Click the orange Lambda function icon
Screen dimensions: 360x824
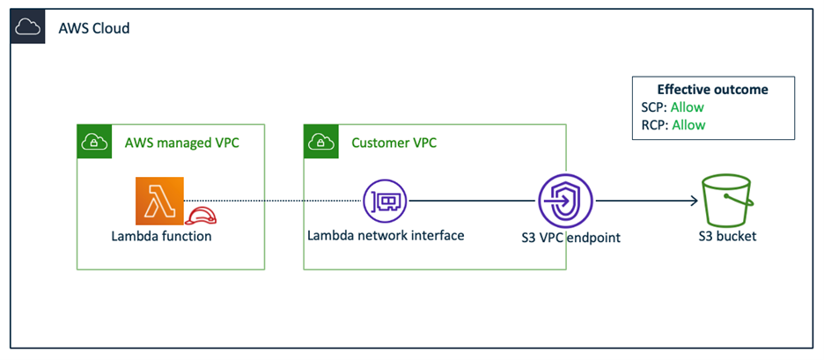click(159, 201)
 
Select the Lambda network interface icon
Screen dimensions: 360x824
click(385, 202)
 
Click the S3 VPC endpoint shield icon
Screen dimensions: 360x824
click(566, 202)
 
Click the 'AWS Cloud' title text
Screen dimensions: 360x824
click(94, 28)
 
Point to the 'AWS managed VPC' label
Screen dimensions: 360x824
click(181, 143)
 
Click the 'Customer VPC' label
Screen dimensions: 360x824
click(394, 143)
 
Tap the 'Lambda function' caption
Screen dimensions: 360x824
click(161, 236)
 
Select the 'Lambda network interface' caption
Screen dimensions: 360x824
click(386, 235)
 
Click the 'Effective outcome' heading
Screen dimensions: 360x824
click(712, 90)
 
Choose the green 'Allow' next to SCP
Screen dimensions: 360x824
click(688, 107)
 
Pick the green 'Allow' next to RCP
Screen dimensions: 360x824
click(688, 125)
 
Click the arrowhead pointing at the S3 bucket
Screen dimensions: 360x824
click(694, 202)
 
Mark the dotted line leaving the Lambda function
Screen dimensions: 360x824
click(273, 202)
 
